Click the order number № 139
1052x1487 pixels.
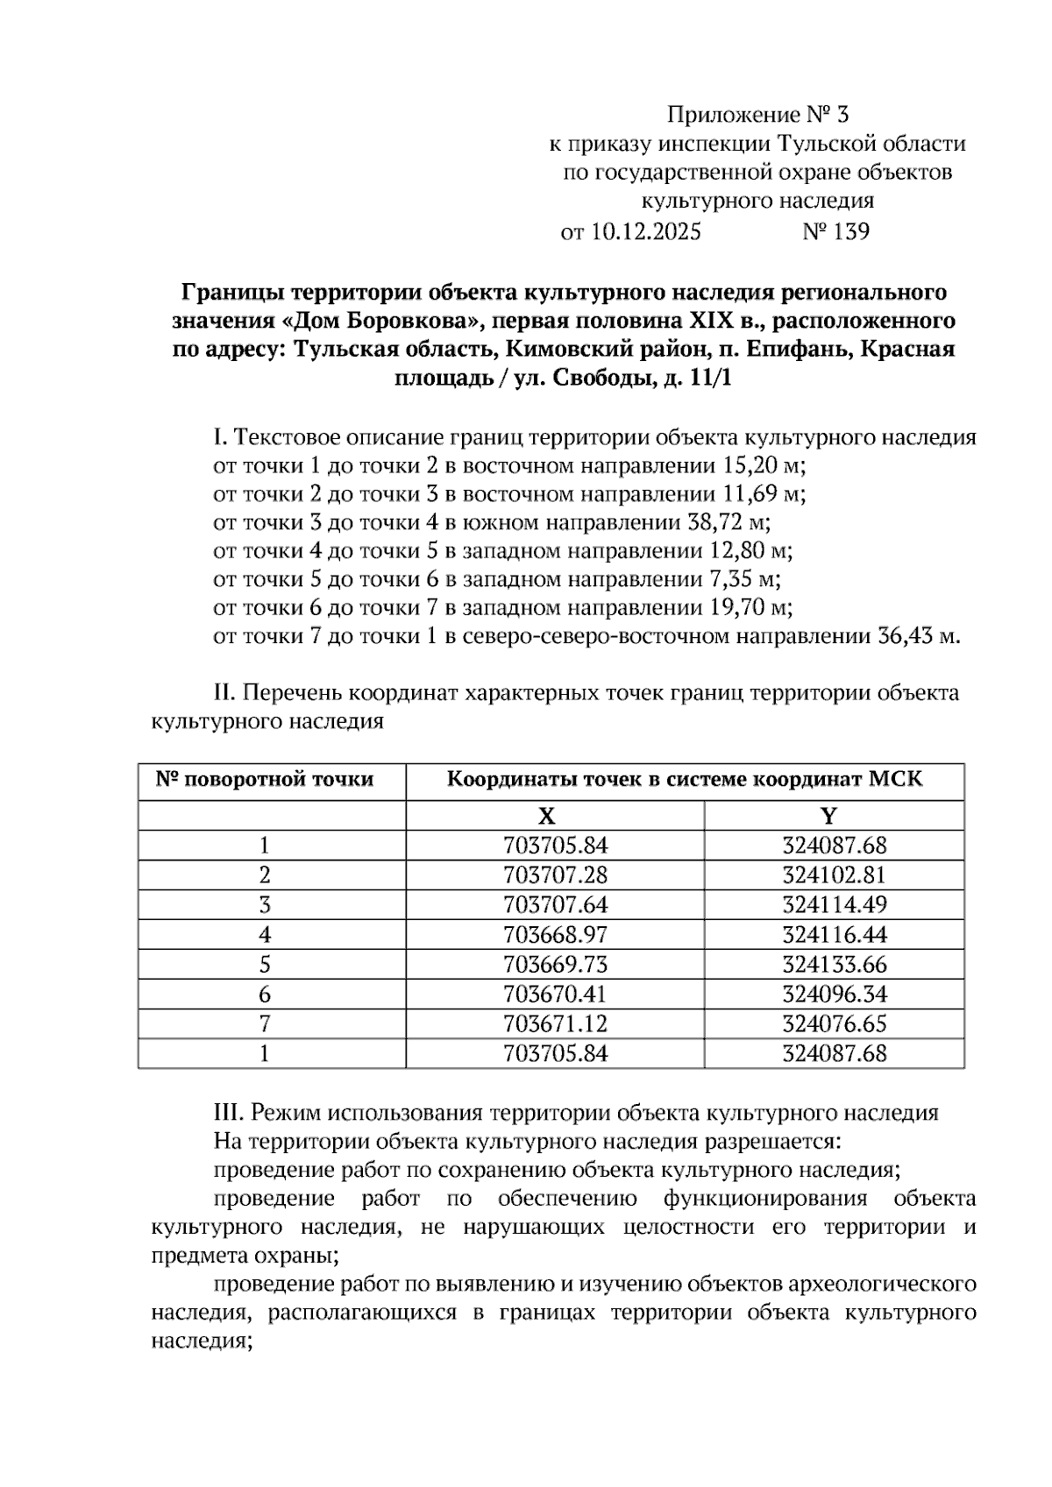[x=835, y=232]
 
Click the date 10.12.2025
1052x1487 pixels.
[x=646, y=232]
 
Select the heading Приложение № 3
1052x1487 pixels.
[x=758, y=115]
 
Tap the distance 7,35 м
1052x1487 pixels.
[x=743, y=579]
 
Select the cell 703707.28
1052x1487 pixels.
[x=555, y=875]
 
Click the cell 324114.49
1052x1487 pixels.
[x=834, y=905]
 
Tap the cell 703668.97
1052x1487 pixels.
[x=555, y=935]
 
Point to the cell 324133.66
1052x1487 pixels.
[x=834, y=965]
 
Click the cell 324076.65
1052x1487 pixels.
[x=834, y=1023]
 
